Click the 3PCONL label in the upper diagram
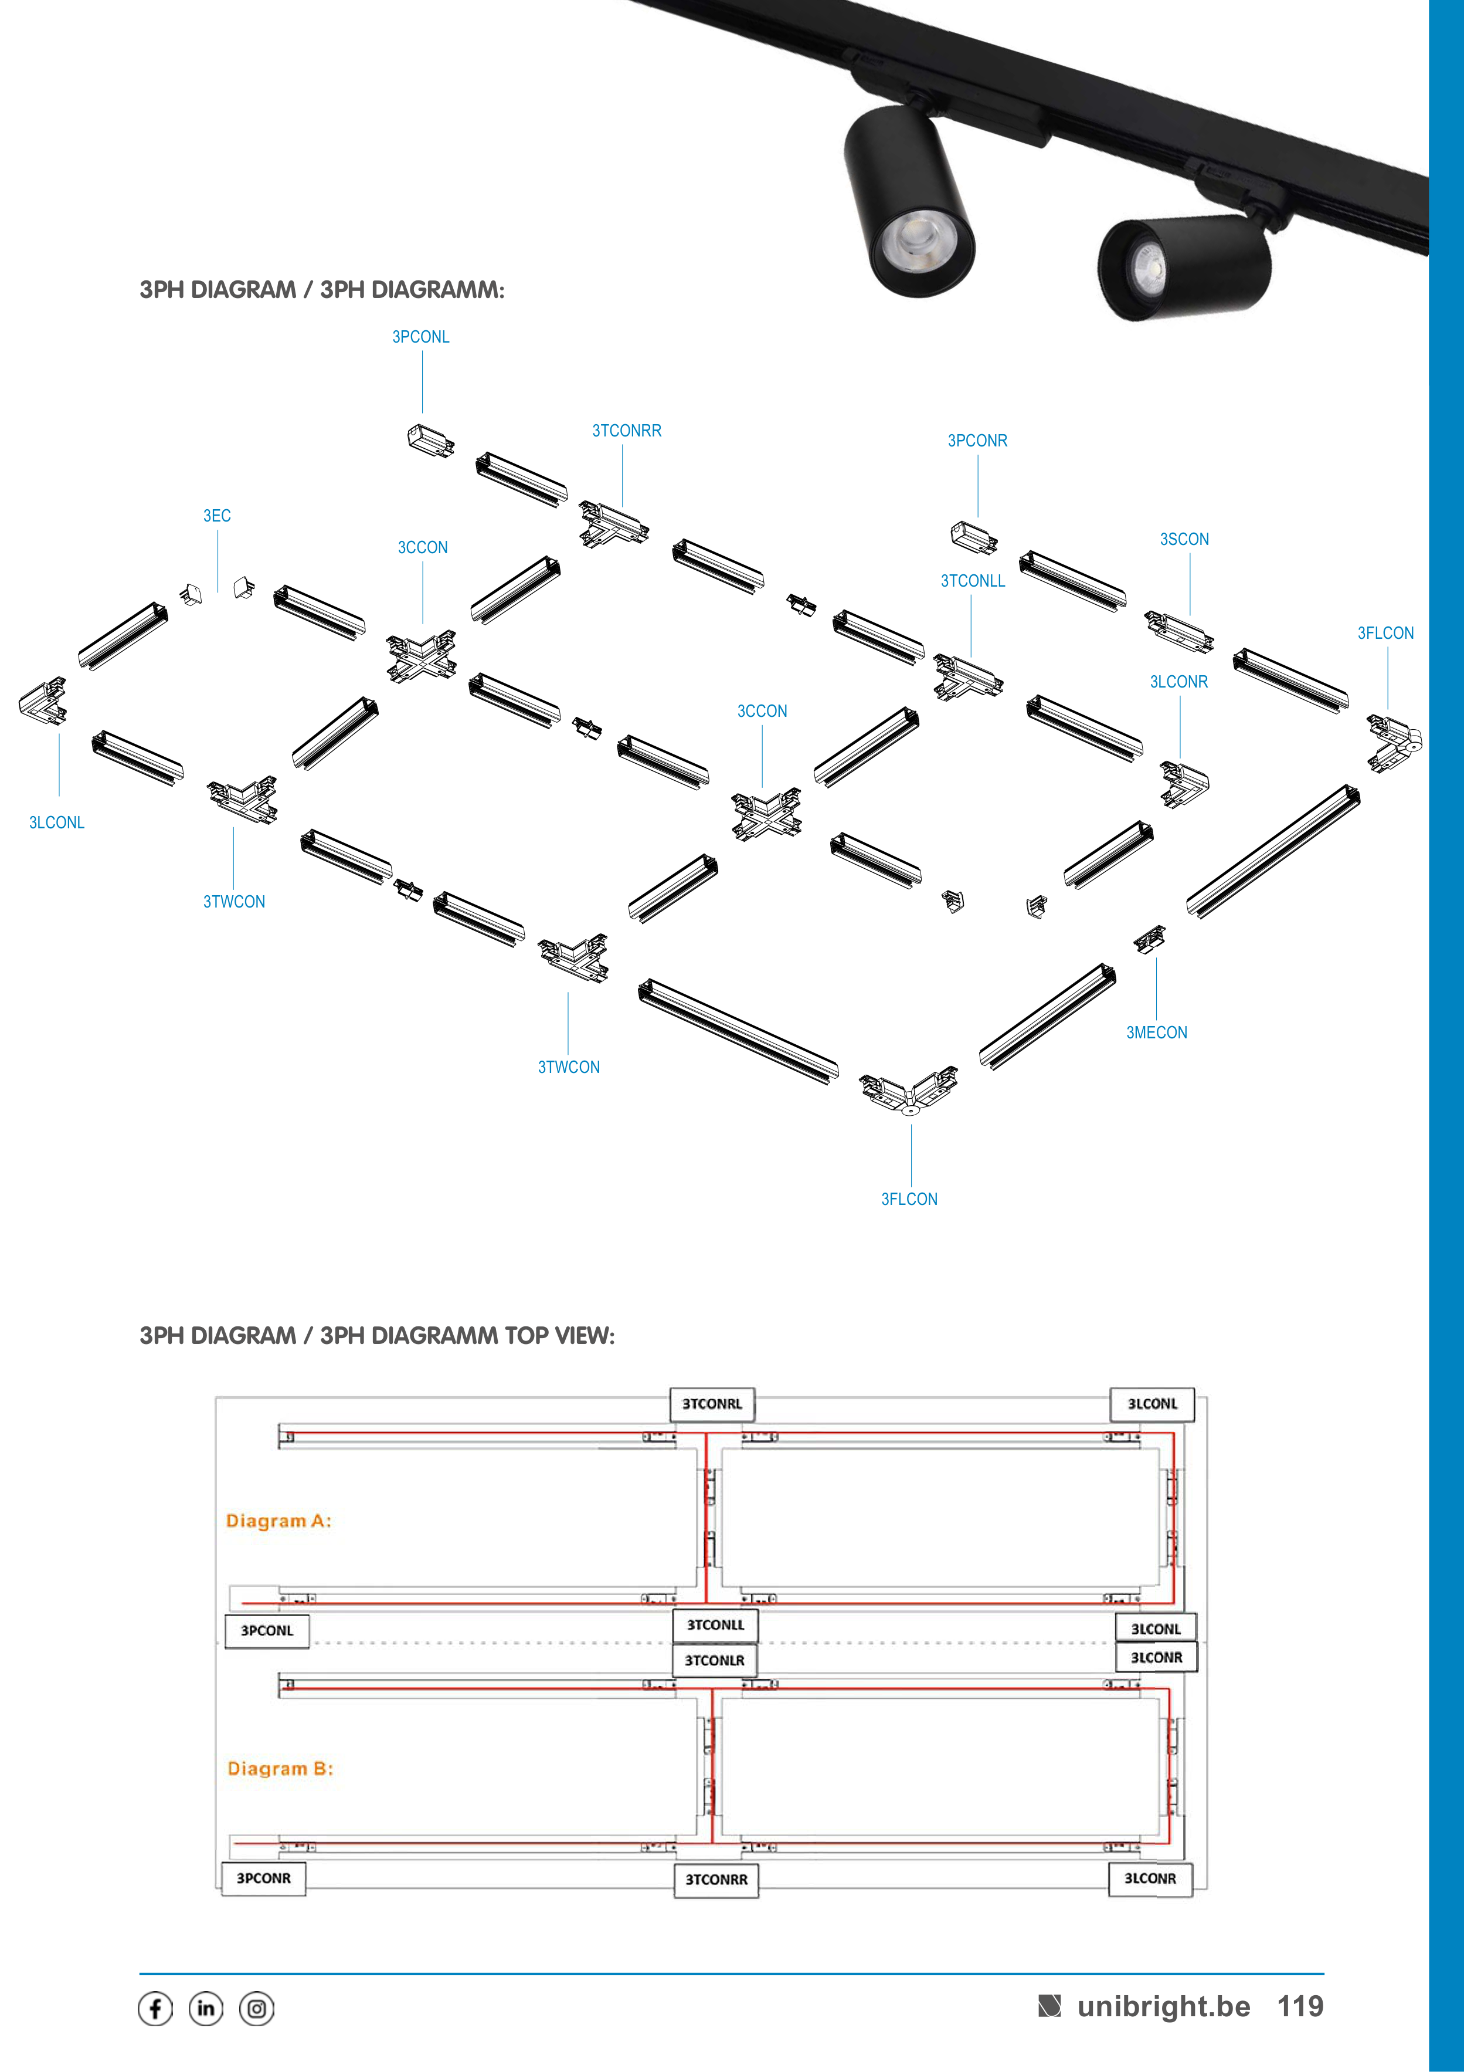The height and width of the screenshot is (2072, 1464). (x=420, y=337)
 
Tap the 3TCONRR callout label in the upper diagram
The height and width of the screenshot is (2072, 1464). (x=627, y=431)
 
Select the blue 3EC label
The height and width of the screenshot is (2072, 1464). (x=216, y=515)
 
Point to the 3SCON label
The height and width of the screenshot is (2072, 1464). (x=1184, y=539)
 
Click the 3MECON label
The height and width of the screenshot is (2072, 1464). (x=1156, y=1032)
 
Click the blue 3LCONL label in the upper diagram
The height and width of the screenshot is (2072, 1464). (x=57, y=822)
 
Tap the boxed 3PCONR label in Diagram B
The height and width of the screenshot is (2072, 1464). (x=263, y=1878)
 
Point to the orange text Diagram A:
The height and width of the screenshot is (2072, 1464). (x=278, y=1521)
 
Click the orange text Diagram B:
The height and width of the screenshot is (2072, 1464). (x=280, y=1768)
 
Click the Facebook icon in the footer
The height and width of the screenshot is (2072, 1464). (x=155, y=2009)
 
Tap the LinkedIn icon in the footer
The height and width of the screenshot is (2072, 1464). (x=206, y=2009)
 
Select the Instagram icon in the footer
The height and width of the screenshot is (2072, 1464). (x=257, y=2009)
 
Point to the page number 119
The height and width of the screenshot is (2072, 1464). (x=1300, y=2006)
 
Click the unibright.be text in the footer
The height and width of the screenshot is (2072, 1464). (x=1164, y=2006)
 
